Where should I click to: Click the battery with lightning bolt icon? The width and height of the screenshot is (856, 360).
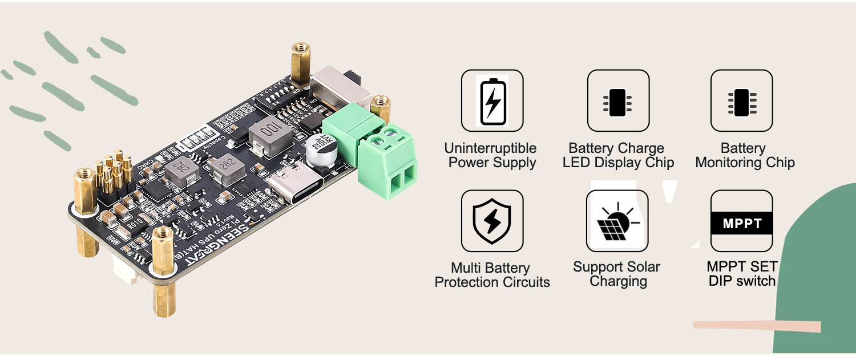[x=492, y=100]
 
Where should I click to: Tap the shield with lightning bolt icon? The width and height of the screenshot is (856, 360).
[x=492, y=221]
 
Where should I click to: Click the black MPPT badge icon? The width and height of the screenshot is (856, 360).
[x=741, y=223]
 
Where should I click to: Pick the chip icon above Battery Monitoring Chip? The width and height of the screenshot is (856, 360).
[x=741, y=101]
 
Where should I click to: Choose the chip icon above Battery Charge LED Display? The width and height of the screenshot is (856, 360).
[x=617, y=101]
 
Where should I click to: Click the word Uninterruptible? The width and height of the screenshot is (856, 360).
[x=490, y=148]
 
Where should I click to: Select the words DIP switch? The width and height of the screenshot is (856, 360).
[x=742, y=281]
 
